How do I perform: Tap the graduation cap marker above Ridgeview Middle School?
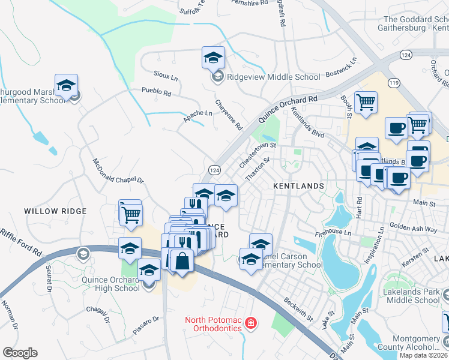(213, 58)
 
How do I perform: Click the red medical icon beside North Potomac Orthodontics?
(250, 324)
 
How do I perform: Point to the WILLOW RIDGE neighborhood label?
(55, 211)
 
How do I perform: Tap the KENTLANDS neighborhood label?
(298, 187)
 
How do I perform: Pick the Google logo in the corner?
(19, 353)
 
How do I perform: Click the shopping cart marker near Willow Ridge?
(130, 213)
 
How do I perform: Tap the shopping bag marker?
(182, 262)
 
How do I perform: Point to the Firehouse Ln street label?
(331, 232)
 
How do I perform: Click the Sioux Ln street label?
(166, 78)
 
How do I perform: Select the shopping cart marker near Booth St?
(366, 102)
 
